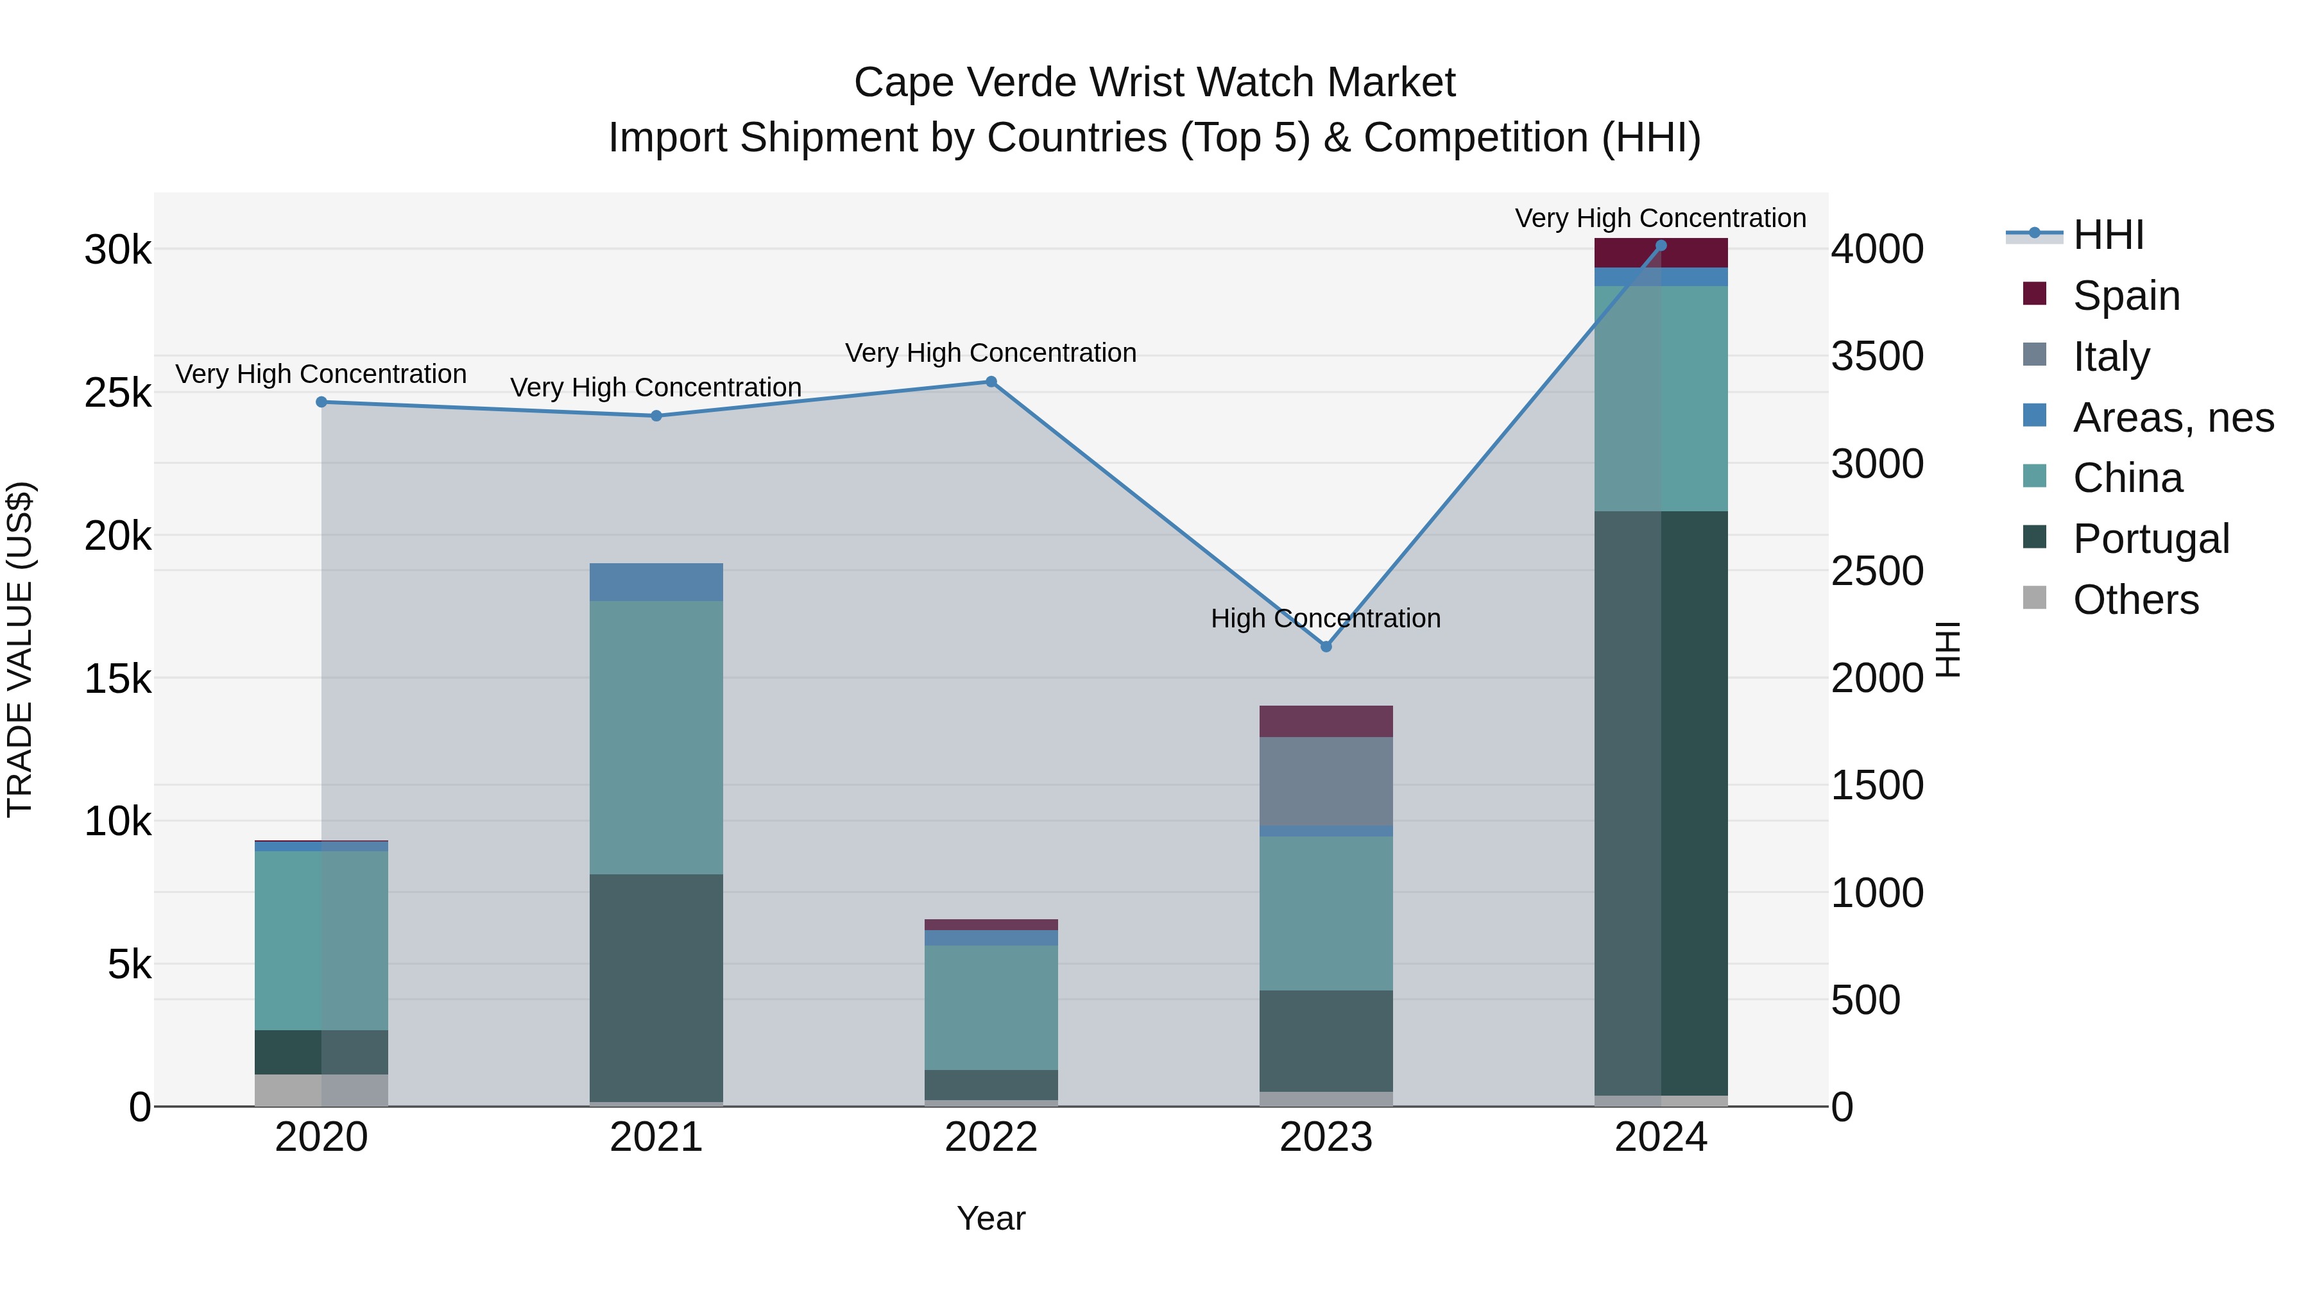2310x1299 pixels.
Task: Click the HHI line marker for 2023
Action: [x=1326, y=647]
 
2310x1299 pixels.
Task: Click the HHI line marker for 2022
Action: [x=991, y=382]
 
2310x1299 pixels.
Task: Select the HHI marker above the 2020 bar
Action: [x=321, y=402]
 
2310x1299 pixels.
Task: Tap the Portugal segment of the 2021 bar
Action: [x=656, y=986]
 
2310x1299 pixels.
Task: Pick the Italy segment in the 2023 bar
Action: [x=1326, y=781]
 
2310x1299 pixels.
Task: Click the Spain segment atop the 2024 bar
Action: [x=1661, y=253]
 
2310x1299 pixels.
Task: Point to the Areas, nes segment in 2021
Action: [x=656, y=582]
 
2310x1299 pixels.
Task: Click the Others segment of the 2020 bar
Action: [x=321, y=1089]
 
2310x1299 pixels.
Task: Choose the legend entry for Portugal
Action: [x=2150, y=539]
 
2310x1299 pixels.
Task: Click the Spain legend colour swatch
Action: [x=2035, y=294]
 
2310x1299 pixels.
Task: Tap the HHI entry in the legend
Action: [x=2107, y=235]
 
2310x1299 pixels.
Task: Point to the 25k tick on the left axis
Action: [x=117, y=393]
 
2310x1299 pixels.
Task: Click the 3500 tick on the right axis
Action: [x=1877, y=356]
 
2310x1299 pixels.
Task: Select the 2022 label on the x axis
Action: [x=991, y=1137]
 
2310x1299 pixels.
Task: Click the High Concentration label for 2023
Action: [x=1326, y=618]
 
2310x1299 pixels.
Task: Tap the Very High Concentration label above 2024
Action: [x=1660, y=218]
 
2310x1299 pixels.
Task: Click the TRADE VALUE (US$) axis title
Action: [x=20, y=649]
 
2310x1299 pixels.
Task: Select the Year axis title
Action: [x=991, y=1218]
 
